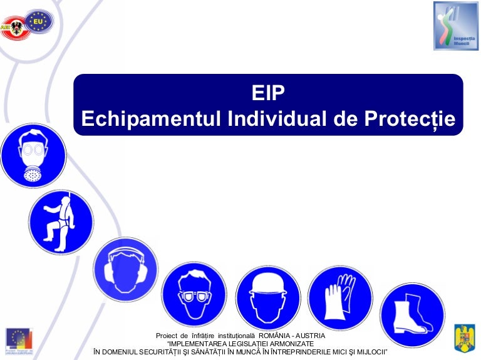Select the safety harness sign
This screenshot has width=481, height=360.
click(x=60, y=222)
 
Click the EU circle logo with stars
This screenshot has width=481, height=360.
click(x=39, y=21)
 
